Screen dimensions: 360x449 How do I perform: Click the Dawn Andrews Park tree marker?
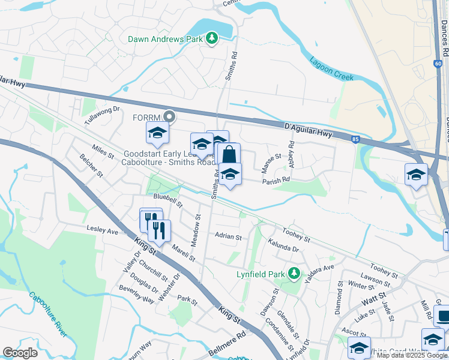coord(211,39)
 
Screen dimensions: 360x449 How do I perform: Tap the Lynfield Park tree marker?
coord(294,274)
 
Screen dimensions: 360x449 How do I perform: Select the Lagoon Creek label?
coord(331,68)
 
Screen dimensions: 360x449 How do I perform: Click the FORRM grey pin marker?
coord(170,116)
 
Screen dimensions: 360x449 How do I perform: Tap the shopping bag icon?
coord(229,155)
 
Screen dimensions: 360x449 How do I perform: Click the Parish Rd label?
coord(276,179)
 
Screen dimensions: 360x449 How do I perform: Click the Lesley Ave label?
coord(103,230)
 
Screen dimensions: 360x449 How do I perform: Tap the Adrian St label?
coord(228,237)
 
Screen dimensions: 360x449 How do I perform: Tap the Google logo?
coord(20,353)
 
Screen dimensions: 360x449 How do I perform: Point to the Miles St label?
coord(103,151)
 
